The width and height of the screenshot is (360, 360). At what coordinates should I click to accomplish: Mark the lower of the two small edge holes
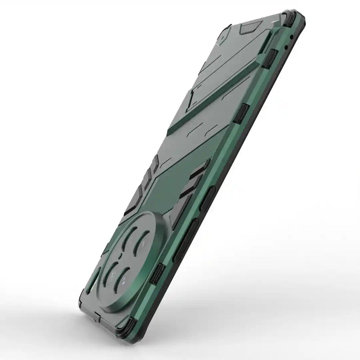click(286, 46)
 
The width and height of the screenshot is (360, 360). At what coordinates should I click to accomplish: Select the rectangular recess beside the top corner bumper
click(247, 29)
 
